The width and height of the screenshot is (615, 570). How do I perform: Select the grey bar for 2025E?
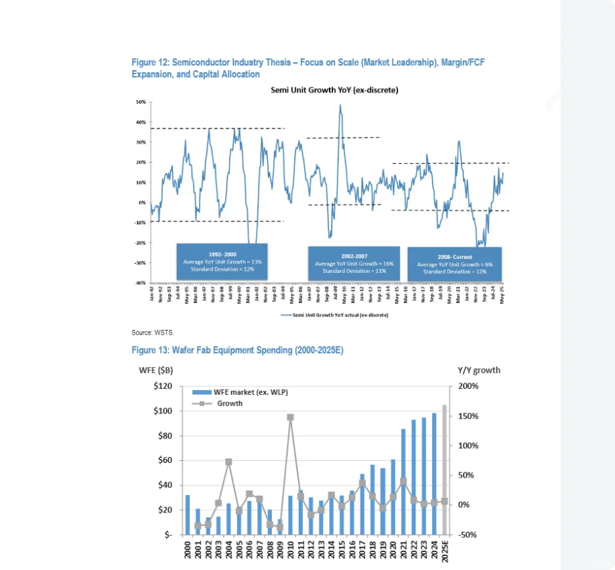coord(444,470)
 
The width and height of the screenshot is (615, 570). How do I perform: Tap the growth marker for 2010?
coord(290,417)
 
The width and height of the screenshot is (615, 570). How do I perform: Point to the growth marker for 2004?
coord(228,462)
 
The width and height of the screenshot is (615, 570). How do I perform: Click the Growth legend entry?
coord(229,403)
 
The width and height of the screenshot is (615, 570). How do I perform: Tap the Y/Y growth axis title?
coord(478,370)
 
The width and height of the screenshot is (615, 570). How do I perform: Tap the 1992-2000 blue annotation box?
coord(222,262)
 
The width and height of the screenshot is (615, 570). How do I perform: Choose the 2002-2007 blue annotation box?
coord(354,264)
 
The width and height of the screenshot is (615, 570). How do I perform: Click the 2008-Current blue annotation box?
coord(454,264)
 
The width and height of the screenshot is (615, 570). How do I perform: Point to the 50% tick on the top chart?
coord(141,102)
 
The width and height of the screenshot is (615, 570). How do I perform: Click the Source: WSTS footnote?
coord(153,332)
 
